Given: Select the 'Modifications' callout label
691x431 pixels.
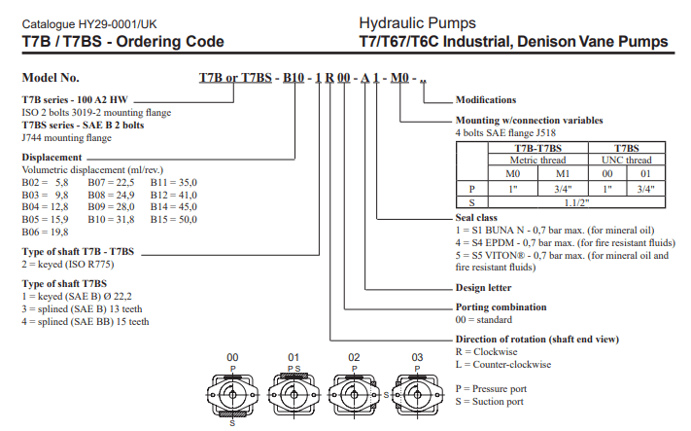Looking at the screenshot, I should pos(485,100).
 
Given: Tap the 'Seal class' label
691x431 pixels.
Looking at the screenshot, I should pos(479,217).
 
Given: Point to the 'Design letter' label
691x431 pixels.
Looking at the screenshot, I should pos(485,287).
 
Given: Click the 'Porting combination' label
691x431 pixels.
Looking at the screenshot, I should pos(501,306).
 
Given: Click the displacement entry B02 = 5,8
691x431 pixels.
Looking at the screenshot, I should pos(47,182).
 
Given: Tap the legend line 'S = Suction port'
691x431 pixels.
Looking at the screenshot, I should pos(491,401).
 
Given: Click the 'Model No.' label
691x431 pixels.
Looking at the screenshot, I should pos(51,78).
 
